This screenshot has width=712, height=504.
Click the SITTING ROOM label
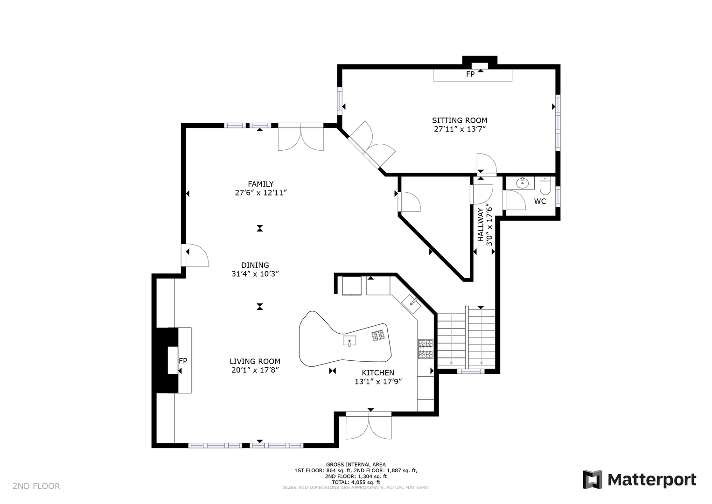[x=459, y=120]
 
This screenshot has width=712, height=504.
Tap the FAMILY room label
[x=261, y=184]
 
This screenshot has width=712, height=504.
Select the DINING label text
[x=255, y=265]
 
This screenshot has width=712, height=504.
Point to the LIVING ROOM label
[x=255, y=362]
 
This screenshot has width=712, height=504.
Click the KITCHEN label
[x=378, y=373]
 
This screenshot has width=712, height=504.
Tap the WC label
[x=540, y=201]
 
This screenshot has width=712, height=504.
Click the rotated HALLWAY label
[x=480, y=224]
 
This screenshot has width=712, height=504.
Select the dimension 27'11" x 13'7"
[x=460, y=129]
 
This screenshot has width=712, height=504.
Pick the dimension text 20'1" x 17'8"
[x=255, y=370]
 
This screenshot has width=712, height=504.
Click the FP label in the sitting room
[x=470, y=74]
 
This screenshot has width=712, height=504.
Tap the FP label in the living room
[x=183, y=361]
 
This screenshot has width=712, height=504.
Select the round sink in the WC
[x=522, y=183]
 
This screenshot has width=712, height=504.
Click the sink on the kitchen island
[x=349, y=341]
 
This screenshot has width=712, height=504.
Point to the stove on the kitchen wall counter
[x=426, y=349]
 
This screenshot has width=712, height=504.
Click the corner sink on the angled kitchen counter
[x=411, y=304]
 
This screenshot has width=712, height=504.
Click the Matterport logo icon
[x=593, y=479]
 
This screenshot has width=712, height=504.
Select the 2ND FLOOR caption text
[x=36, y=486]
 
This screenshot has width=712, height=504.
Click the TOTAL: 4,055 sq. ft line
[x=356, y=483]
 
